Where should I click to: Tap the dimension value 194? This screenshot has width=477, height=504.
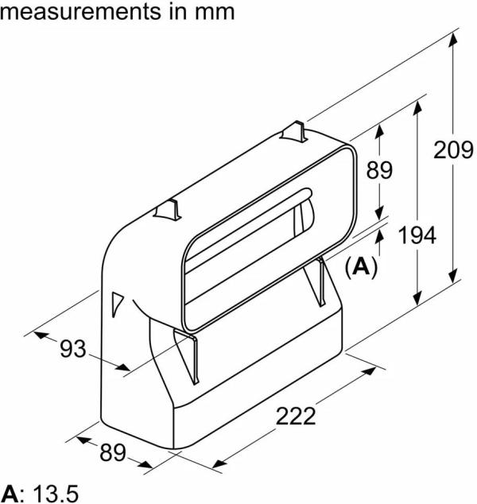(417, 236)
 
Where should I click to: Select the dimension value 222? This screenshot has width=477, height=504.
(296, 415)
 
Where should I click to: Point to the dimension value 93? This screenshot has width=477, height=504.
(72, 347)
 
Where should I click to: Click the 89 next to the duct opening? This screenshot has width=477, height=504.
(380, 169)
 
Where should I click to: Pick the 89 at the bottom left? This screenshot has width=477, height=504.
(113, 452)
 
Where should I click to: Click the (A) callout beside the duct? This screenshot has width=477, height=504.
(360, 266)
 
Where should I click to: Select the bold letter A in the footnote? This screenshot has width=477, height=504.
(9, 492)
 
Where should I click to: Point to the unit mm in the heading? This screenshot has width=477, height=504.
(215, 12)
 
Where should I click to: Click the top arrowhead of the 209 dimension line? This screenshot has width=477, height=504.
(454, 36)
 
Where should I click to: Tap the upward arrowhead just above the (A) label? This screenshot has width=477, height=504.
(380, 234)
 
